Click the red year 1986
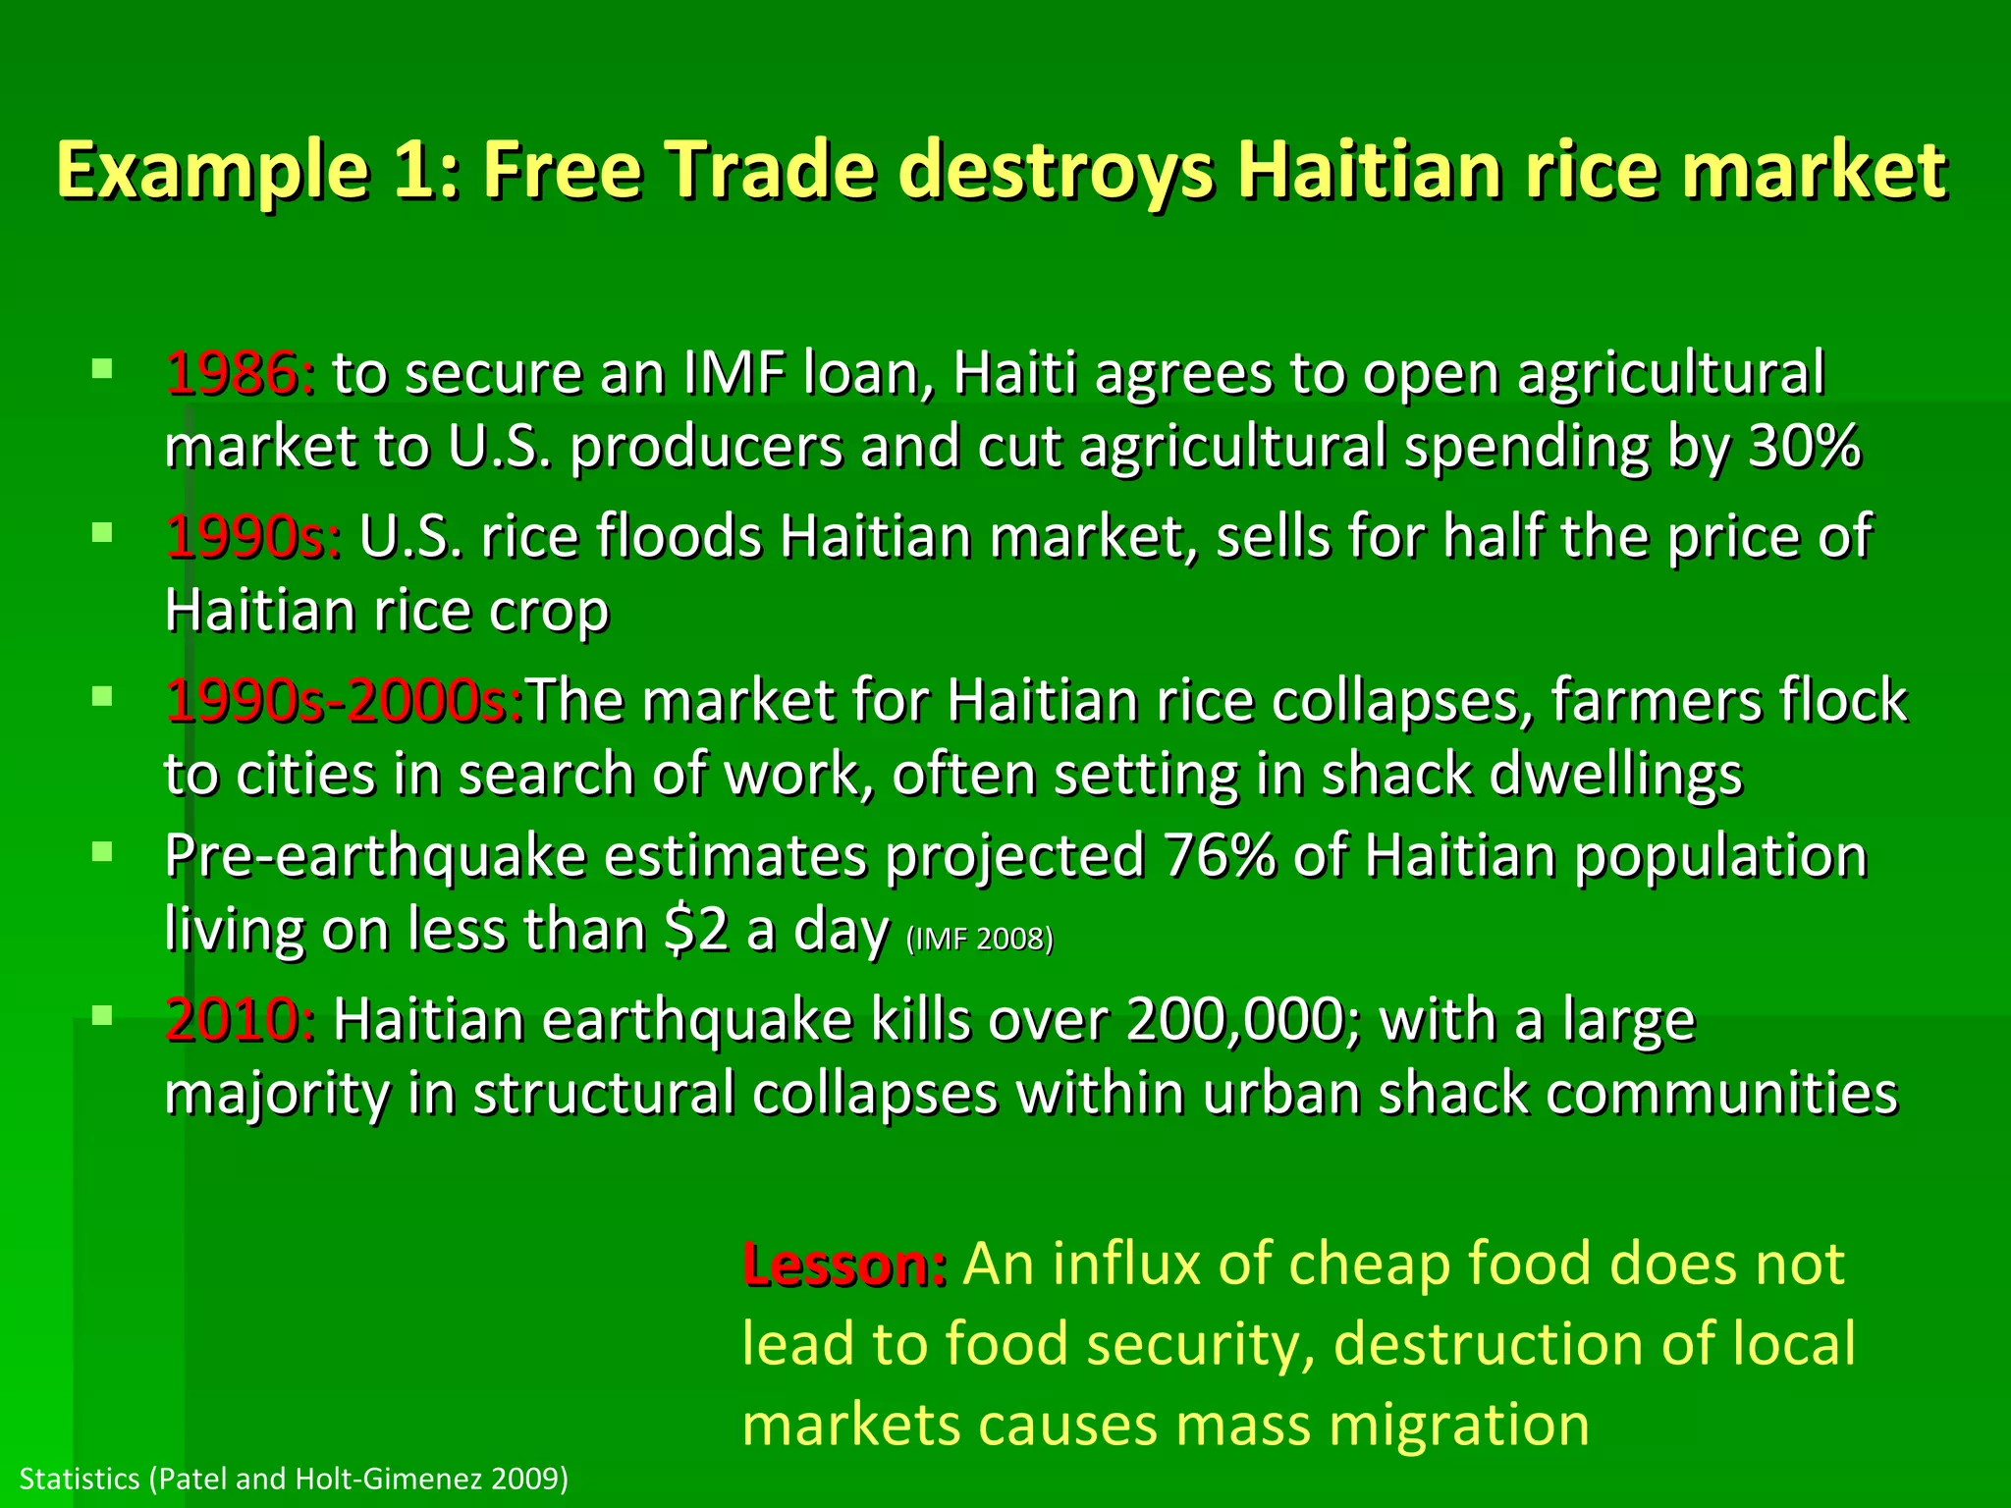(x=232, y=374)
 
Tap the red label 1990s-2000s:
(x=344, y=702)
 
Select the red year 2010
(x=232, y=1020)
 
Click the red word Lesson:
(x=844, y=1265)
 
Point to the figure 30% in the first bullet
(x=1805, y=447)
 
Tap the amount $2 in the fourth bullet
(x=696, y=930)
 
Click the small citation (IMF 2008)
(x=979, y=940)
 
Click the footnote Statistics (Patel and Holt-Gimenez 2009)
(x=294, y=1479)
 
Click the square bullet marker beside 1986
(x=102, y=370)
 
